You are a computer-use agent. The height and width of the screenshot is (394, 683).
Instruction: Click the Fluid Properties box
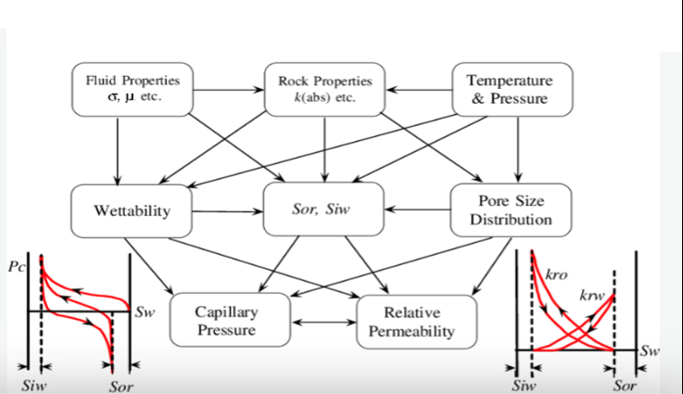pyautogui.click(x=128, y=88)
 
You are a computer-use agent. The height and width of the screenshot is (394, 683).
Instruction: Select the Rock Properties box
pyautogui.click(x=324, y=88)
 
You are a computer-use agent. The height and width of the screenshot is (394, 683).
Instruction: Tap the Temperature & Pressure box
pyautogui.click(x=510, y=88)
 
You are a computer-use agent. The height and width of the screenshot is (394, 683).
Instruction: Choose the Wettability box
pyautogui.click(x=133, y=210)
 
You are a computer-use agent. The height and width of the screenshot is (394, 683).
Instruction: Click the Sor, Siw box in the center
pyautogui.click(x=324, y=210)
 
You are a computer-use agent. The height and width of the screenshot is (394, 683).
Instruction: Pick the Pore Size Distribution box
pyautogui.click(x=510, y=210)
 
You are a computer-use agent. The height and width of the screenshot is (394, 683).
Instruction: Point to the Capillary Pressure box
pyautogui.click(x=225, y=321)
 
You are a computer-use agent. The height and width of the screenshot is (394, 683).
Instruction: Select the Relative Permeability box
pyautogui.click(x=416, y=321)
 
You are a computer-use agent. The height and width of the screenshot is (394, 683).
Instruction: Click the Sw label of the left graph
pyautogui.click(x=145, y=311)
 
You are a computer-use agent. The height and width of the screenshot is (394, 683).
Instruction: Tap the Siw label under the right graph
pyautogui.click(x=525, y=383)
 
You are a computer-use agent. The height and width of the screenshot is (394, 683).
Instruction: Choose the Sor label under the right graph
pyautogui.click(x=626, y=383)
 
